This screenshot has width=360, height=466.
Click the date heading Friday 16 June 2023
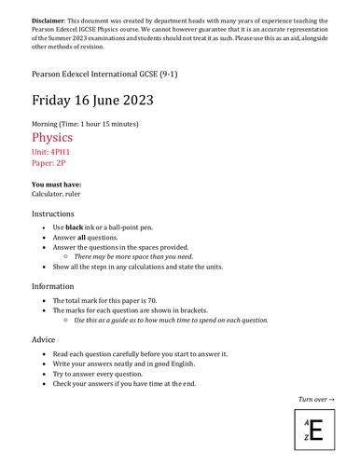point(92,100)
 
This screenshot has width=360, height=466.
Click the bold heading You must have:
point(55,184)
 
